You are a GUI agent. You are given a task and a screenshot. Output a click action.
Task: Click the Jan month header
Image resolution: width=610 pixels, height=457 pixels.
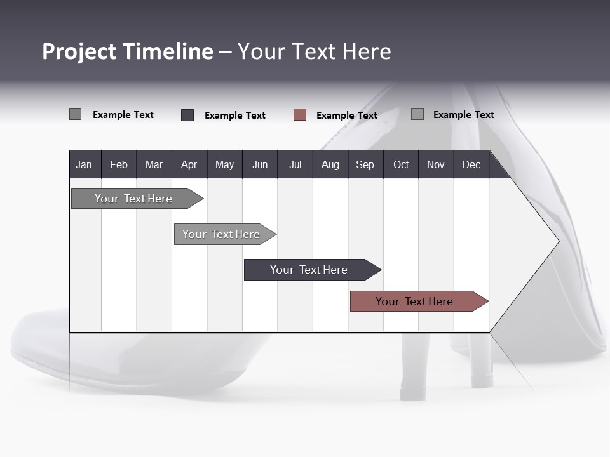85,164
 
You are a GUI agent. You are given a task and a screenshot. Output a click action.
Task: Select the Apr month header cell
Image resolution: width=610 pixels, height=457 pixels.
189,164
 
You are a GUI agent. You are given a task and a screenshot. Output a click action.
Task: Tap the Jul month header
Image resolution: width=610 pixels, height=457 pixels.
295,164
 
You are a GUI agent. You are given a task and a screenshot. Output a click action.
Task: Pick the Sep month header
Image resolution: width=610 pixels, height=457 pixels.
365,164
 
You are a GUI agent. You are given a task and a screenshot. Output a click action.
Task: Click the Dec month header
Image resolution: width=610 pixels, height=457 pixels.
471,164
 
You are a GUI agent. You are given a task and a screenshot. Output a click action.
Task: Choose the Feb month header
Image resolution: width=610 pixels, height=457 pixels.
119,164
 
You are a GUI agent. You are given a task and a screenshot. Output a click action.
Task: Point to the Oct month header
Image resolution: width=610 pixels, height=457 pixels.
401,164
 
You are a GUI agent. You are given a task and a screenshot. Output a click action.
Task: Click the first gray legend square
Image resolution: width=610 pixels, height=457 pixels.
75,114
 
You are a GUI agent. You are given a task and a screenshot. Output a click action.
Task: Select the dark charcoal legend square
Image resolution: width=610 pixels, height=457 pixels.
187,115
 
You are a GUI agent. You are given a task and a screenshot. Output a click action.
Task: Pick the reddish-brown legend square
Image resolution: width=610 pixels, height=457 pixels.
300,115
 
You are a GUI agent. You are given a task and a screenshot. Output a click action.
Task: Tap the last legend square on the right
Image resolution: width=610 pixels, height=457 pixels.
417,114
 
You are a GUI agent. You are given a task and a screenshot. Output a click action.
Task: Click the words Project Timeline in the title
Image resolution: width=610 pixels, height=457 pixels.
127,51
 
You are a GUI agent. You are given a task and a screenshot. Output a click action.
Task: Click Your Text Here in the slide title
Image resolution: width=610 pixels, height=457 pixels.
315,51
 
